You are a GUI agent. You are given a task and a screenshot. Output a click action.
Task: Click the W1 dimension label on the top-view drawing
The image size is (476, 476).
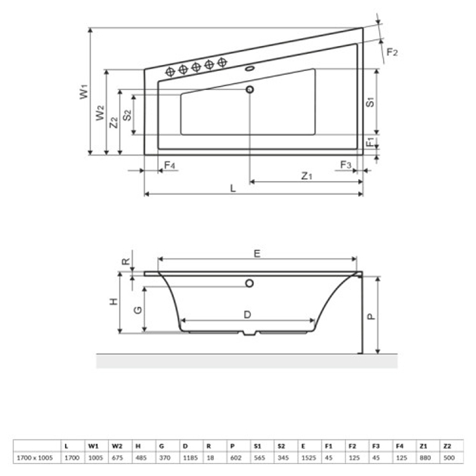(85, 93)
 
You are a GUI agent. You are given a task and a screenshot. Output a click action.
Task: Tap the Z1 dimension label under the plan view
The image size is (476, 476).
(306, 175)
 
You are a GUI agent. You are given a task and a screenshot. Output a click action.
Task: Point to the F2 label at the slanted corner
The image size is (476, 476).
(391, 52)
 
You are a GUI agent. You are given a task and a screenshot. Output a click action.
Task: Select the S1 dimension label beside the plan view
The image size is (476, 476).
(371, 103)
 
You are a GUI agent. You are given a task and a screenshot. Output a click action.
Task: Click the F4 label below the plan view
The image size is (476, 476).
(169, 165)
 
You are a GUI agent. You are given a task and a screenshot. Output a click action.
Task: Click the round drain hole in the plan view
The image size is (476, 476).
(251, 91)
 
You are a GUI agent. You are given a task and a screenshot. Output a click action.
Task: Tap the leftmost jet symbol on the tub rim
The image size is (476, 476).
(170, 71)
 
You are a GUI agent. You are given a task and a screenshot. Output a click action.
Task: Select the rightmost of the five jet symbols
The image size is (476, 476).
(221, 62)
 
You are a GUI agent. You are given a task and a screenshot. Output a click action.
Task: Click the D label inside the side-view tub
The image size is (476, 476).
(247, 314)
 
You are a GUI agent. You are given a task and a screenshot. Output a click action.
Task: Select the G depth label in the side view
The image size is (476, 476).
(138, 309)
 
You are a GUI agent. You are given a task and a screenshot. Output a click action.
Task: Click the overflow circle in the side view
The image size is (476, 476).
(249, 284)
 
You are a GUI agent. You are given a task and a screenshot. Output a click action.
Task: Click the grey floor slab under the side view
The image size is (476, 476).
(246, 361)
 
